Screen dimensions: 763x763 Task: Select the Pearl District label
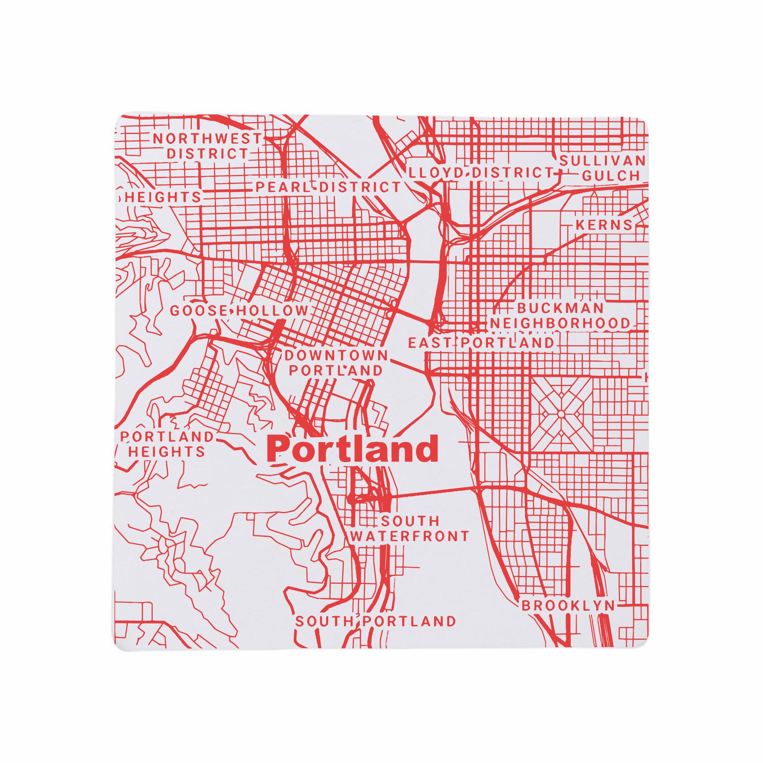pyautogui.click(x=328, y=187)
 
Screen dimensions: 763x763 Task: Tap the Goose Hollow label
pyautogui.click(x=238, y=311)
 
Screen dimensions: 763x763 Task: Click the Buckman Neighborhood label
pyautogui.click(x=560, y=316)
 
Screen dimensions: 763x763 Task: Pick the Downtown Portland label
pyautogui.click(x=336, y=363)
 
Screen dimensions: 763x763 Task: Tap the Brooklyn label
pyautogui.click(x=568, y=617)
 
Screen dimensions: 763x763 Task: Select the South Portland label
pyautogui.click(x=375, y=632)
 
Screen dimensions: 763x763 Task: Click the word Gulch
pyautogui.click(x=610, y=176)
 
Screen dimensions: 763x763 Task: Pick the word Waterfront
pyautogui.click(x=409, y=536)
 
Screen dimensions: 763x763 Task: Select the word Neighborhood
pyautogui.click(x=560, y=324)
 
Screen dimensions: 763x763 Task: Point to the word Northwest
pyautogui.click(x=207, y=138)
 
